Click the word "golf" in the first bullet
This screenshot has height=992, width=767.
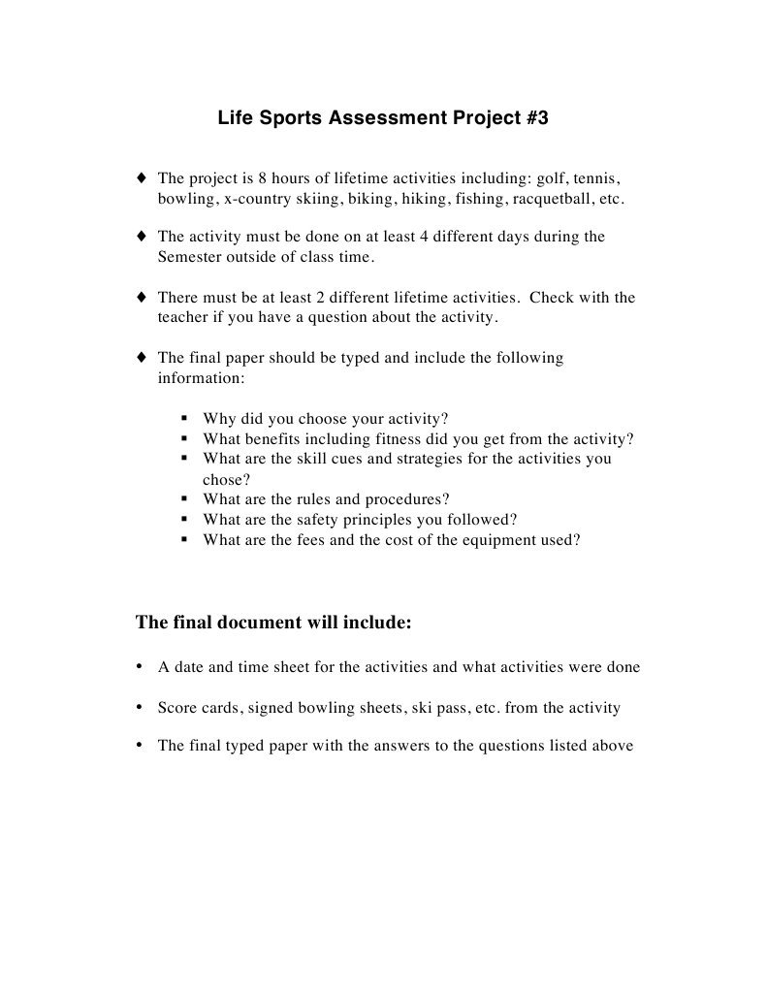coord(550,179)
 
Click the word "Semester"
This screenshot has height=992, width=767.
coord(191,258)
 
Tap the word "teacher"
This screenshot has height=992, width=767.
coord(182,317)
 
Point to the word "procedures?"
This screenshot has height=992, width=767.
coord(406,499)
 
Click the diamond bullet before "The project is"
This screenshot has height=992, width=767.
coord(142,178)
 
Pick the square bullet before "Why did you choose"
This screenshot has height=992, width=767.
coord(183,419)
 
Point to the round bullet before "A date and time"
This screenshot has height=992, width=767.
coord(141,666)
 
